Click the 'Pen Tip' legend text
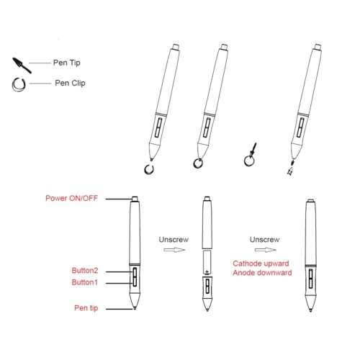pyautogui.click(x=67, y=63)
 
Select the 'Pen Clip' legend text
pyautogui.click(x=70, y=83)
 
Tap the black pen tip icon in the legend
pyautogui.click(x=22, y=65)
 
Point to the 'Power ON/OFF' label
pyautogui.click(x=72, y=198)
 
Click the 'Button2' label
pyautogui.click(x=85, y=271)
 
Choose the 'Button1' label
pyautogui.click(x=85, y=282)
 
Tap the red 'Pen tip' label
pyautogui.click(x=86, y=308)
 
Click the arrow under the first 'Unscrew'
pyautogui.click(x=174, y=250)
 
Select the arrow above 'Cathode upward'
pyautogui.click(x=266, y=250)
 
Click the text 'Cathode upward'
pyautogui.click(x=261, y=264)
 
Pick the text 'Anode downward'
pyautogui.click(x=262, y=273)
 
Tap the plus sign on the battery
pyautogui.click(x=207, y=272)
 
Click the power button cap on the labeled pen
pyautogui.click(x=135, y=199)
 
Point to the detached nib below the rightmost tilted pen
pyautogui.click(x=291, y=168)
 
